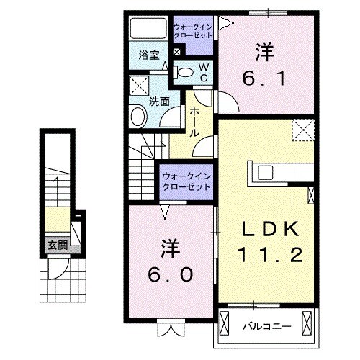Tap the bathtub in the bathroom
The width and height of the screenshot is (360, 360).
click(148, 29)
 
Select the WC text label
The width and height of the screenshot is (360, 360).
click(203, 72)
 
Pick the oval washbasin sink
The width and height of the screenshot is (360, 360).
click(138, 116)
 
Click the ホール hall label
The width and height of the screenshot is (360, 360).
click(195, 122)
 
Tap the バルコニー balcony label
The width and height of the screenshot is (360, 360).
click(266, 326)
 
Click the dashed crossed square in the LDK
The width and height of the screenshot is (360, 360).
click(302, 131)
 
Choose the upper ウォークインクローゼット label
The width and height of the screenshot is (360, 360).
click(192, 32)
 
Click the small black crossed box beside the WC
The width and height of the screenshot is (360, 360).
click(177, 52)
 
